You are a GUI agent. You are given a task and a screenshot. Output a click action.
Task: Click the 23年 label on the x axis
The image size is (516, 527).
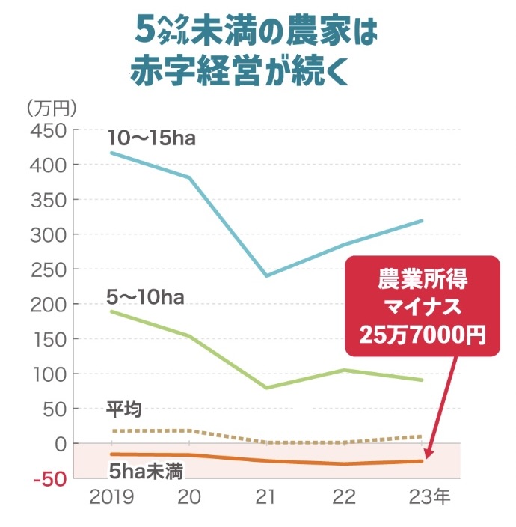tap(430, 498)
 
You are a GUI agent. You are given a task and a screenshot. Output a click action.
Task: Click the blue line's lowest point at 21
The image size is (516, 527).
tap(267, 276)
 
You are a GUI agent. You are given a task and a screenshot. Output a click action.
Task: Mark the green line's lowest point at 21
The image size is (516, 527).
tap(267, 388)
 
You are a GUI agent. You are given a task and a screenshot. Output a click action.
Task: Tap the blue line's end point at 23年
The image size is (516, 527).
tap(423, 221)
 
